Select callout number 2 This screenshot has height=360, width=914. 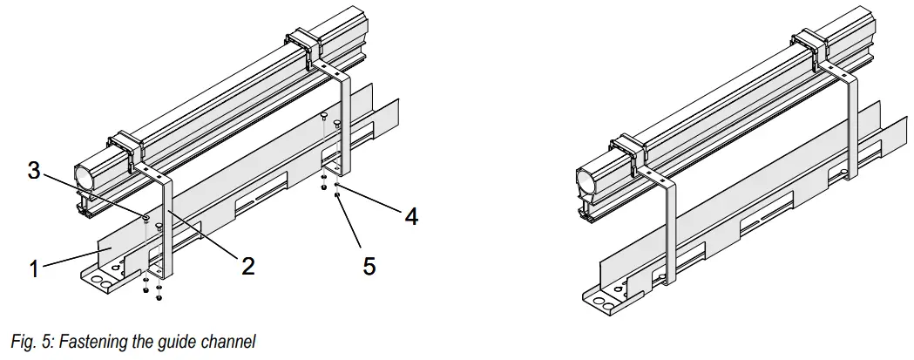pos(247,266)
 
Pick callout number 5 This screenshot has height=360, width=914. pos(369,266)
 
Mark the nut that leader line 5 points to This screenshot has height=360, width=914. pos(337,196)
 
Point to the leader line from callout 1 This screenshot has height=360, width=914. pos(73,260)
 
